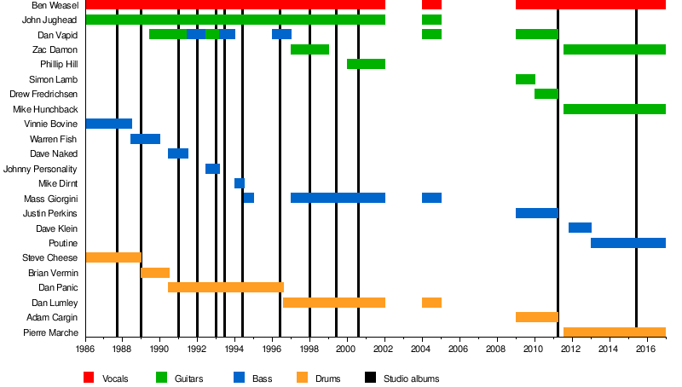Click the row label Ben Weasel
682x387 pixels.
pyautogui.click(x=57, y=5)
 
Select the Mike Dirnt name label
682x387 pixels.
pyautogui.click(x=58, y=183)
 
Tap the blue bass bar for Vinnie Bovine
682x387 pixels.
pyautogui.click(x=109, y=124)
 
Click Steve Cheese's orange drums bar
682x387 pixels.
pyautogui.click(x=113, y=257)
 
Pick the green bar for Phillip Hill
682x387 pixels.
pyautogui.click(x=366, y=64)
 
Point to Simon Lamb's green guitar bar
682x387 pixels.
pyautogui.click(x=525, y=79)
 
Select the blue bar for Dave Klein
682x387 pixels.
pyautogui.click(x=580, y=228)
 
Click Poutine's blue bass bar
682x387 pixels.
pyautogui.click(x=627, y=243)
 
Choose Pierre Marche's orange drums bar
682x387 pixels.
pyautogui.click(x=614, y=332)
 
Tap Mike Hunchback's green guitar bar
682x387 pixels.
pyautogui.click(x=614, y=109)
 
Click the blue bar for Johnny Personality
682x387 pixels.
pyautogui.click(x=212, y=169)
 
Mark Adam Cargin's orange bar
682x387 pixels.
pyautogui.click(x=536, y=317)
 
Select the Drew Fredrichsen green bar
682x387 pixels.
pyautogui.click(x=546, y=94)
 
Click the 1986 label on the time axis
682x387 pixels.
pyautogui.click(x=85, y=349)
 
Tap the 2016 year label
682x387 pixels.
pyautogui.click(x=645, y=349)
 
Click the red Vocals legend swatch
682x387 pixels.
pyautogui.click(x=89, y=378)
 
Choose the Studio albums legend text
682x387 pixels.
pyautogui.click(x=411, y=378)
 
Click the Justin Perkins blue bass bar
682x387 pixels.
pyautogui.click(x=536, y=213)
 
